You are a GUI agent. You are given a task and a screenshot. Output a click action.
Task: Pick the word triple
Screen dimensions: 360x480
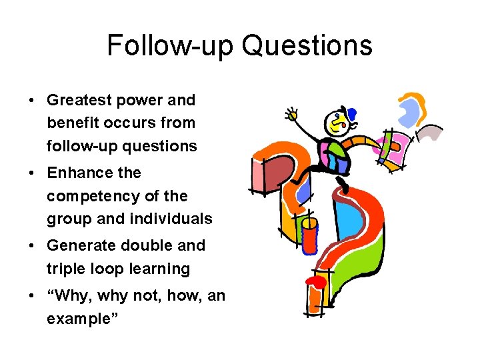pyautogui.click(x=65, y=269)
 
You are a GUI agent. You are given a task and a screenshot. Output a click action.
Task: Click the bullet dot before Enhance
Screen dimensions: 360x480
pyautogui.click(x=32, y=173)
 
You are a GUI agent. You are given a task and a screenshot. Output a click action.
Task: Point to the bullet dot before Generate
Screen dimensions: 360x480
pyautogui.click(x=32, y=246)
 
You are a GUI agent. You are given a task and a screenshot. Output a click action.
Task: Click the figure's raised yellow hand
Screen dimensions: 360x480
pyautogui.click(x=291, y=115)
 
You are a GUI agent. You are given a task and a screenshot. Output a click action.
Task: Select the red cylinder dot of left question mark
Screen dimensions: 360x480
pyautogui.click(x=309, y=237)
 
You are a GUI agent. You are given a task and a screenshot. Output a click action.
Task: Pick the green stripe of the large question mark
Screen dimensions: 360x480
pyautogui.click(x=363, y=267)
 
